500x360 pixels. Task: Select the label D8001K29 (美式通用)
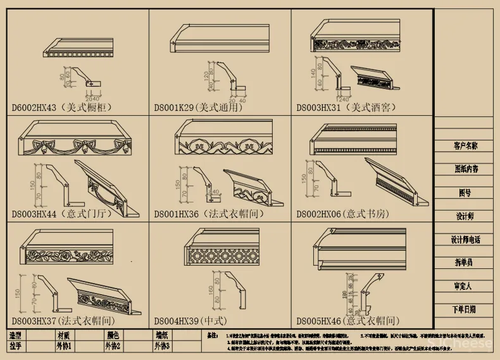198,108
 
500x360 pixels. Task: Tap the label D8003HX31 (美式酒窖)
346,108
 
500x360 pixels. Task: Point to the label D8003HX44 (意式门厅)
52,214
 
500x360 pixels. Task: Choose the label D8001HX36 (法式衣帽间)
208,214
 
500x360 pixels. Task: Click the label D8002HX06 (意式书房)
346,214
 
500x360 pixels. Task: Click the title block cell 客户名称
465,146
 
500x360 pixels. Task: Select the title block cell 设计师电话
465,240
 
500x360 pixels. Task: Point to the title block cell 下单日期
465,309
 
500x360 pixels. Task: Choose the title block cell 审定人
465,286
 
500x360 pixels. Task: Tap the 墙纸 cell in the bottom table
162,335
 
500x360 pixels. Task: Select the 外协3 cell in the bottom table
162,346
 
